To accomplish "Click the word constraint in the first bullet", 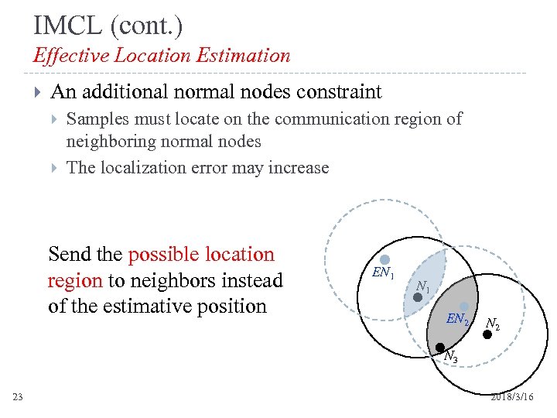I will tap(336, 92).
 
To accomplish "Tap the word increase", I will tap(300, 167).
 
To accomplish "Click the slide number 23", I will tap(18, 397).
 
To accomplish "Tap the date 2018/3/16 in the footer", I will tap(511, 396).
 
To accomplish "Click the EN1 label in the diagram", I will tap(383, 273).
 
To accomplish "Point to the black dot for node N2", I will tap(487, 334).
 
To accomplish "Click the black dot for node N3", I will tap(439, 347).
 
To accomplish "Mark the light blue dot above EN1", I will tap(384, 259).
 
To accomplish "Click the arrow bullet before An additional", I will tap(37, 93).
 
